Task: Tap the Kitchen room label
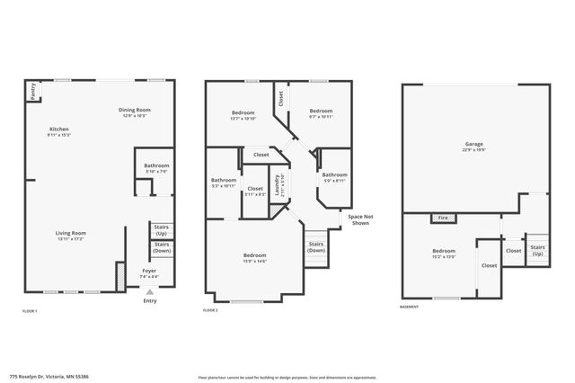(59, 131)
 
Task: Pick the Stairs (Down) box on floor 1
(163, 248)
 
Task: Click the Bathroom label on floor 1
(152, 168)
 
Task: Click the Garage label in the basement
(473, 147)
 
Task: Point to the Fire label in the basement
(443, 218)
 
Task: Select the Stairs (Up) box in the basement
(537, 250)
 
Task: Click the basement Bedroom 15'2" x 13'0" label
(444, 253)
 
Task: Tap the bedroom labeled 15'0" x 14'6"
(254, 259)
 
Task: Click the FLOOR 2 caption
(211, 309)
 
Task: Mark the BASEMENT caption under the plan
(410, 309)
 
